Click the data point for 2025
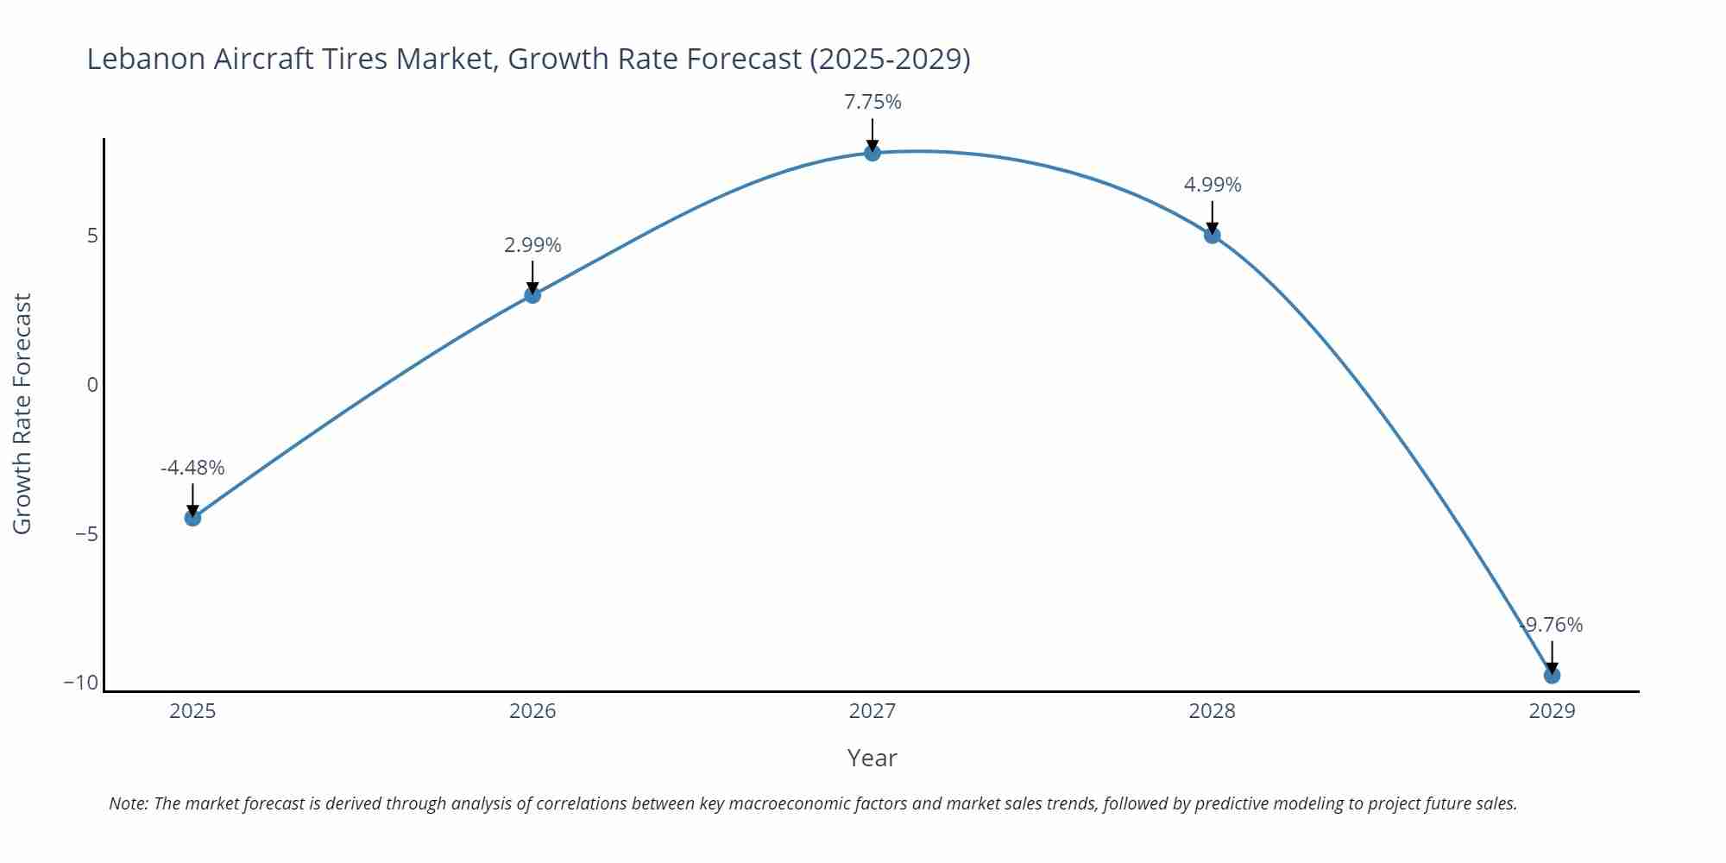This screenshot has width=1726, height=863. [192, 518]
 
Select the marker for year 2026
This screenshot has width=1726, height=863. [532, 295]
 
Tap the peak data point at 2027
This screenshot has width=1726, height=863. [872, 153]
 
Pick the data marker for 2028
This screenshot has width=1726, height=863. [1213, 235]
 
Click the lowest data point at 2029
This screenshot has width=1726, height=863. [1552, 675]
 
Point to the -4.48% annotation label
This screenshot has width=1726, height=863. [192, 468]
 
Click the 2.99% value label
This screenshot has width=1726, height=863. [532, 245]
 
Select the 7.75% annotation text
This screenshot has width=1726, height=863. [872, 102]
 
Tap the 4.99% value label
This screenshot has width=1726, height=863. [1213, 185]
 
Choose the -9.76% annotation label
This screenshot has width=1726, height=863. [1552, 625]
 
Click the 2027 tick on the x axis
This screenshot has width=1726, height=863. [872, 711]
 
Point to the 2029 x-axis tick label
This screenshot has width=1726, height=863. [1552, 711]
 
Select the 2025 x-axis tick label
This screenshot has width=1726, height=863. [192, 711]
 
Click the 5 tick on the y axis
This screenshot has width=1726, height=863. [92, 236]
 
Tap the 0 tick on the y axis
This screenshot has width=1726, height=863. [92, 385]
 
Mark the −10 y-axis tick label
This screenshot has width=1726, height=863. [81, 683]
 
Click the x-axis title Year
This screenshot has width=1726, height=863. [872, 758]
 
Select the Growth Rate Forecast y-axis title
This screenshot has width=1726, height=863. [22, 413]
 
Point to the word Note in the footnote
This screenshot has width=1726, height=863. [128, 803]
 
